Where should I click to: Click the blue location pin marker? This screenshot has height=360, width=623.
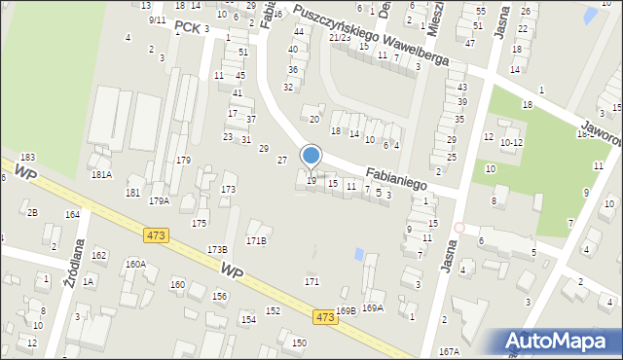click(x=311, y=156)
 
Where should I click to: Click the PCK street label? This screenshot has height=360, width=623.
click(x=188, y=28)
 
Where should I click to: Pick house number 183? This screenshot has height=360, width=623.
click(x=27, y=157)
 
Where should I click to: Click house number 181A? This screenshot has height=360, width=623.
click(x=101, y=175)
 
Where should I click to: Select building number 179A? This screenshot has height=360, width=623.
click(x=159, y=201)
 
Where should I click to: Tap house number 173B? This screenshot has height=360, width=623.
click(x=217, y=250)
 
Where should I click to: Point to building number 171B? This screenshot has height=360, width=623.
click(x=256, y=240)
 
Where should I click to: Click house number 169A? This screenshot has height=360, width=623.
click(x=373, y=308)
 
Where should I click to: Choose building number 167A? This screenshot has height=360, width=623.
click(x=449, y=351)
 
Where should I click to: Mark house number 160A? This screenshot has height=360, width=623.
click(x=135, y=264)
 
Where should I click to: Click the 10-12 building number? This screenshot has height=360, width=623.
click(x=511, y=143)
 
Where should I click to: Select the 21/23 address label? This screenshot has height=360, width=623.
click(x=340, y=37)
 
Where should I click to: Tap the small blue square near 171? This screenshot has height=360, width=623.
click(x=360, y=255)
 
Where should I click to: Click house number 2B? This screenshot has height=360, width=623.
click(x=32, y=213)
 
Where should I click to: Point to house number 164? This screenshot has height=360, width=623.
click(x=72, y=214)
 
